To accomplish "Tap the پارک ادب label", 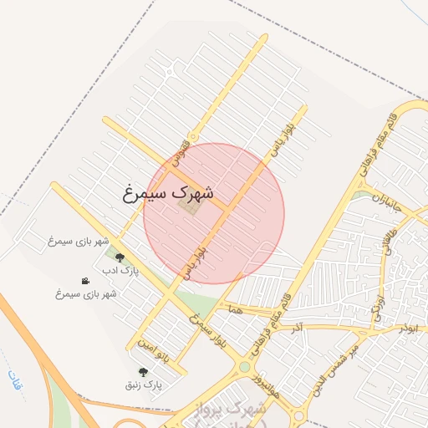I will [120, 272].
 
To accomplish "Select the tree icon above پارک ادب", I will [120, 258].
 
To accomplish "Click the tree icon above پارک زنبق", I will [143, 372].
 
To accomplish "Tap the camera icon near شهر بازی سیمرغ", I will [85, 281].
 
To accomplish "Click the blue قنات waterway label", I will [14, 380].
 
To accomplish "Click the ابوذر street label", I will [407, 329].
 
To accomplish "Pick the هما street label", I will [234, 308].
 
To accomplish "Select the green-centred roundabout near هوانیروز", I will [244, 366].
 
